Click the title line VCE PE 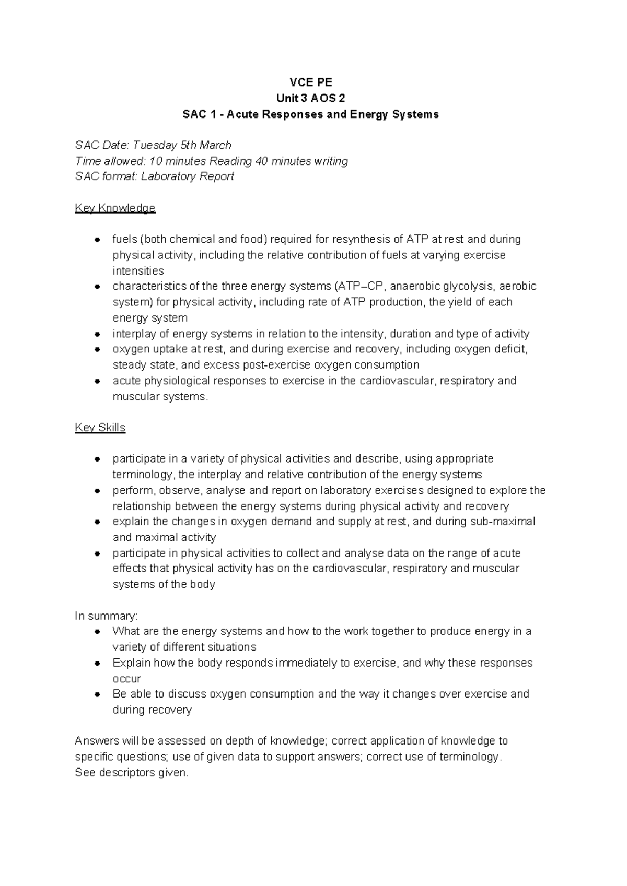pyautogui.click(x=311, y=82)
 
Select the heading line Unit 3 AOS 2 pyautogui.click(x=311, y=98)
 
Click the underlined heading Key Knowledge pyautogui.click(x=115, y=208)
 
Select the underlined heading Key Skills pyautogui.click(x=100, y=428)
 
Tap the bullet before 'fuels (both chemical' pyautogui.click(x=97, y=240)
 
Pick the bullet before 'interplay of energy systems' pyautogui.click(x=97, y=334)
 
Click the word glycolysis pyautogui.click(x=469, y=286)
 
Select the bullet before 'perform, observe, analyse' pyautogui.click(x=97, y=491)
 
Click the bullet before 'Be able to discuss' pyautogui.click(x=97, y=694)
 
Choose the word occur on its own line pyautogui.click(x=127, y=679)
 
